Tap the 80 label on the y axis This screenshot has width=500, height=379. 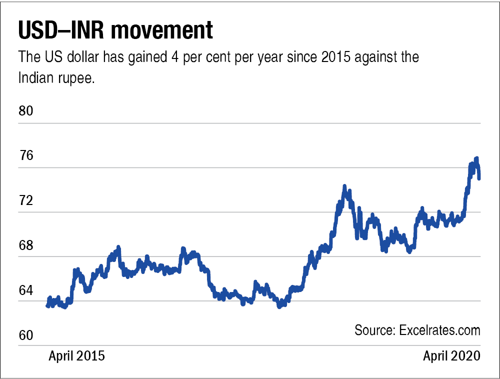pyautogui.click(x=25, y=111)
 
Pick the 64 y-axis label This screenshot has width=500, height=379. pyautogui.click(x=25, y=290)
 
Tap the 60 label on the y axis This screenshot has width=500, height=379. pyautogui.click(x=25, y=335)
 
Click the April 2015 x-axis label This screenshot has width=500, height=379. pyautogui.click(x=77, y=356)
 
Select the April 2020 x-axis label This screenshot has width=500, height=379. pyautogui.click(x=451, y=356)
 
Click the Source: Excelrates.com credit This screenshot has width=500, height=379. pyautogui.click(x=417, y=330)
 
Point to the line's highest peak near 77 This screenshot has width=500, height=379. pyautogui.click(x=476, y=158)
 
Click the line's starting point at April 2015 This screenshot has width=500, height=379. pyautogui.click(x=47, y=305)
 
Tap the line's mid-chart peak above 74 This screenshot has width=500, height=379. pyautogui.click(x=344, y=186)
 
